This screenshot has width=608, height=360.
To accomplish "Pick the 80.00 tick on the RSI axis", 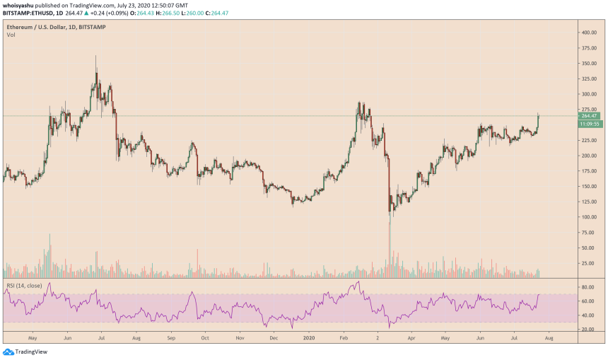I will tap(587, 288).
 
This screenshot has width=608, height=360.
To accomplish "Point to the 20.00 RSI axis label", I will tap(587, 329).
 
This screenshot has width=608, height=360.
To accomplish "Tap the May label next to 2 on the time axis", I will tap(445, 338).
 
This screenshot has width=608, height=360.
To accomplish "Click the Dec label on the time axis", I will tap(274, 338).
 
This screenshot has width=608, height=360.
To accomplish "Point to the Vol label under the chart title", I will tap(11, 33).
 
